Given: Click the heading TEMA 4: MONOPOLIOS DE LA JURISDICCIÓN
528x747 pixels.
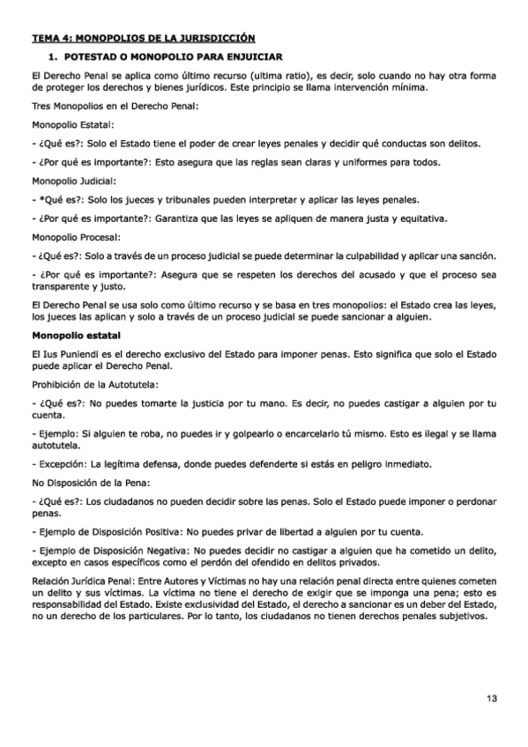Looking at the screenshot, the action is tap(143, 38).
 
